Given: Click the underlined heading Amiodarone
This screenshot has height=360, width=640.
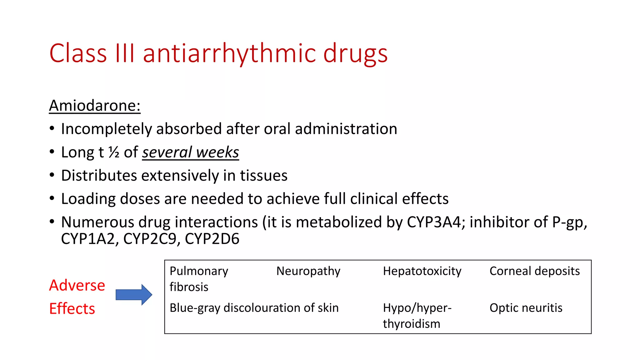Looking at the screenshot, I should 95,106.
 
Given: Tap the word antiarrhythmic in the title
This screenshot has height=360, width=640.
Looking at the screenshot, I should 230,53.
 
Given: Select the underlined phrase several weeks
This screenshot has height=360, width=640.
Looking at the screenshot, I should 190,152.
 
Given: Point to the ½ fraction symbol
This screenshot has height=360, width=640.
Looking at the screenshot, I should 114,152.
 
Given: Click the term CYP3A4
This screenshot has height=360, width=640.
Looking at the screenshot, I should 434,222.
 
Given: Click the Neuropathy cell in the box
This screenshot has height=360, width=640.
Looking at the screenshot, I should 308,271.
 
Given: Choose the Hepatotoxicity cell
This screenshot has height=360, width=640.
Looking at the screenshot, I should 422,271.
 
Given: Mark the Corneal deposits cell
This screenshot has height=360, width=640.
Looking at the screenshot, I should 534,271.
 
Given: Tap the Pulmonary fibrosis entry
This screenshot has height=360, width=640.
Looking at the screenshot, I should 199,279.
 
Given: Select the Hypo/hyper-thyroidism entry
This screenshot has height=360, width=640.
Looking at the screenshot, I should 417,316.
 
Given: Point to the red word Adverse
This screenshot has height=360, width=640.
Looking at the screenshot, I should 77,285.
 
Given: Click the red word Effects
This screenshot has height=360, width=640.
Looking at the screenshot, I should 72,309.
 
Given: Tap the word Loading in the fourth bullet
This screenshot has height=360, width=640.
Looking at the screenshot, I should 88,199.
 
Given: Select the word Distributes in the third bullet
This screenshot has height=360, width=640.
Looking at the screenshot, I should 99,176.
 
